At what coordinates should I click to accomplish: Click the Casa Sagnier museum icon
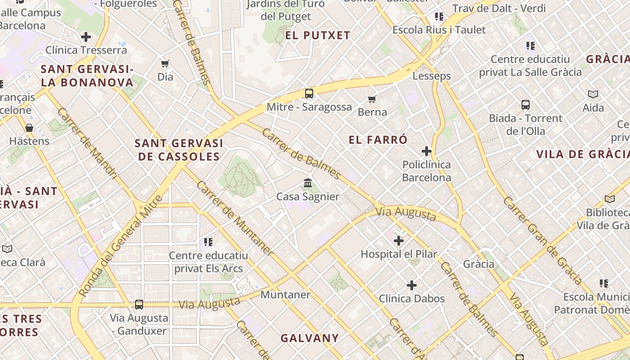(308, 183)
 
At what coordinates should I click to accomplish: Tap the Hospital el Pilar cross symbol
(399, 241)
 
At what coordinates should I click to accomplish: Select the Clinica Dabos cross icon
(412, 285)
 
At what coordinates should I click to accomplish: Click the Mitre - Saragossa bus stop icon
(309, 94)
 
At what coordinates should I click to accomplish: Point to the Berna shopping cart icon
(372, 99)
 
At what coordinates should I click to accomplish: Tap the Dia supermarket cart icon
(165, 63)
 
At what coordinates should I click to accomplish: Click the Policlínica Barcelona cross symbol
(427, 151)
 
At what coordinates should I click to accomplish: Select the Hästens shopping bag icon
(29, 128)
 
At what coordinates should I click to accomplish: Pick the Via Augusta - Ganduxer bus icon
(139, 305)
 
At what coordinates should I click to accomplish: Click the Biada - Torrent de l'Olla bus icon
(526, 105)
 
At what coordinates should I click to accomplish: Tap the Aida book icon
(593, 94)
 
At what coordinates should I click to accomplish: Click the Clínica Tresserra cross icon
(86, 37)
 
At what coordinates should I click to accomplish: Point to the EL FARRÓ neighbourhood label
(378, 140)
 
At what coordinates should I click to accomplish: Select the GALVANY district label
(310, 338)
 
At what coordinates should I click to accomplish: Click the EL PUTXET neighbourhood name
(318, 36)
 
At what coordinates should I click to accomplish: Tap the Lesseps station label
(432, 76)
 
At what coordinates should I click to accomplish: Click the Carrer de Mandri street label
(87, 143)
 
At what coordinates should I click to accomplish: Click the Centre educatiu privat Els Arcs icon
(208, 243)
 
